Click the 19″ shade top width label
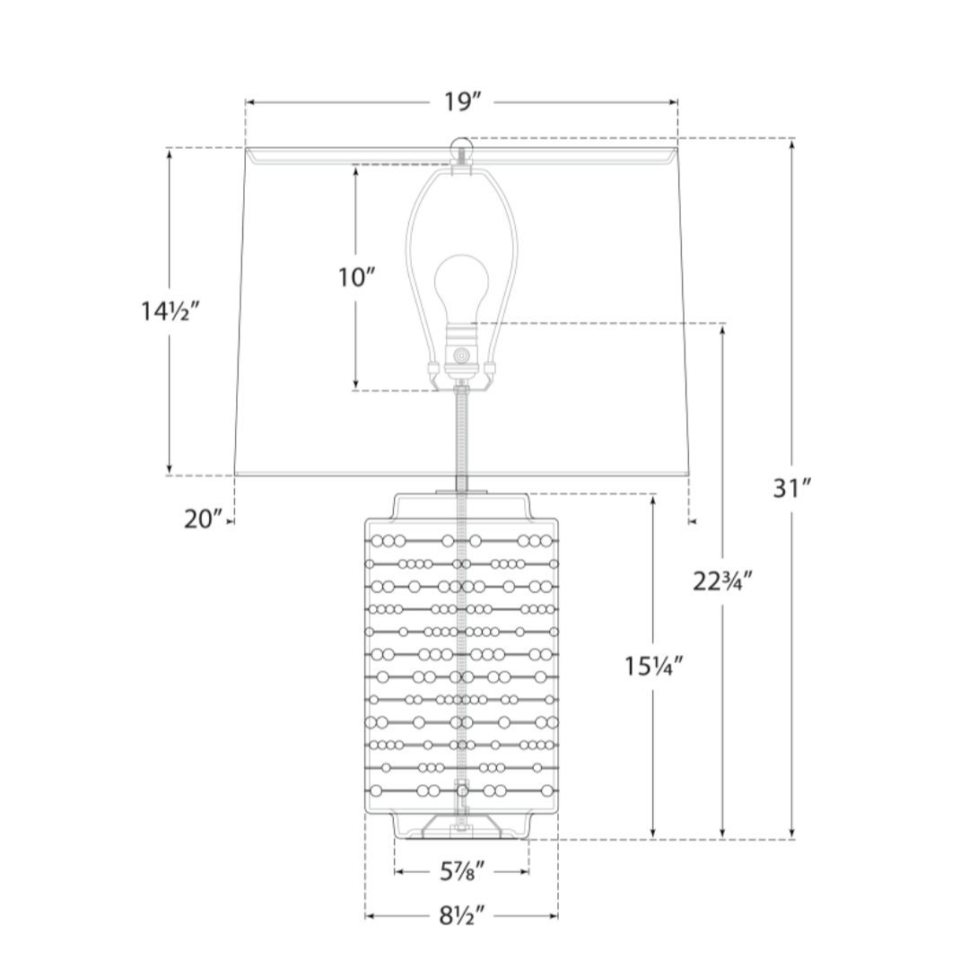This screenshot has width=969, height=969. point(462,102)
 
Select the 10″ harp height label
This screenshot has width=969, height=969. point(356,277)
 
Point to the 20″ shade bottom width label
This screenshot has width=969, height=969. point(203,519)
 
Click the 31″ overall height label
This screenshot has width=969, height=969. point(791,488)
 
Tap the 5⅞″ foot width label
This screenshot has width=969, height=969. point(462,871)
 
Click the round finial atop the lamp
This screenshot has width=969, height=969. point(462,148)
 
